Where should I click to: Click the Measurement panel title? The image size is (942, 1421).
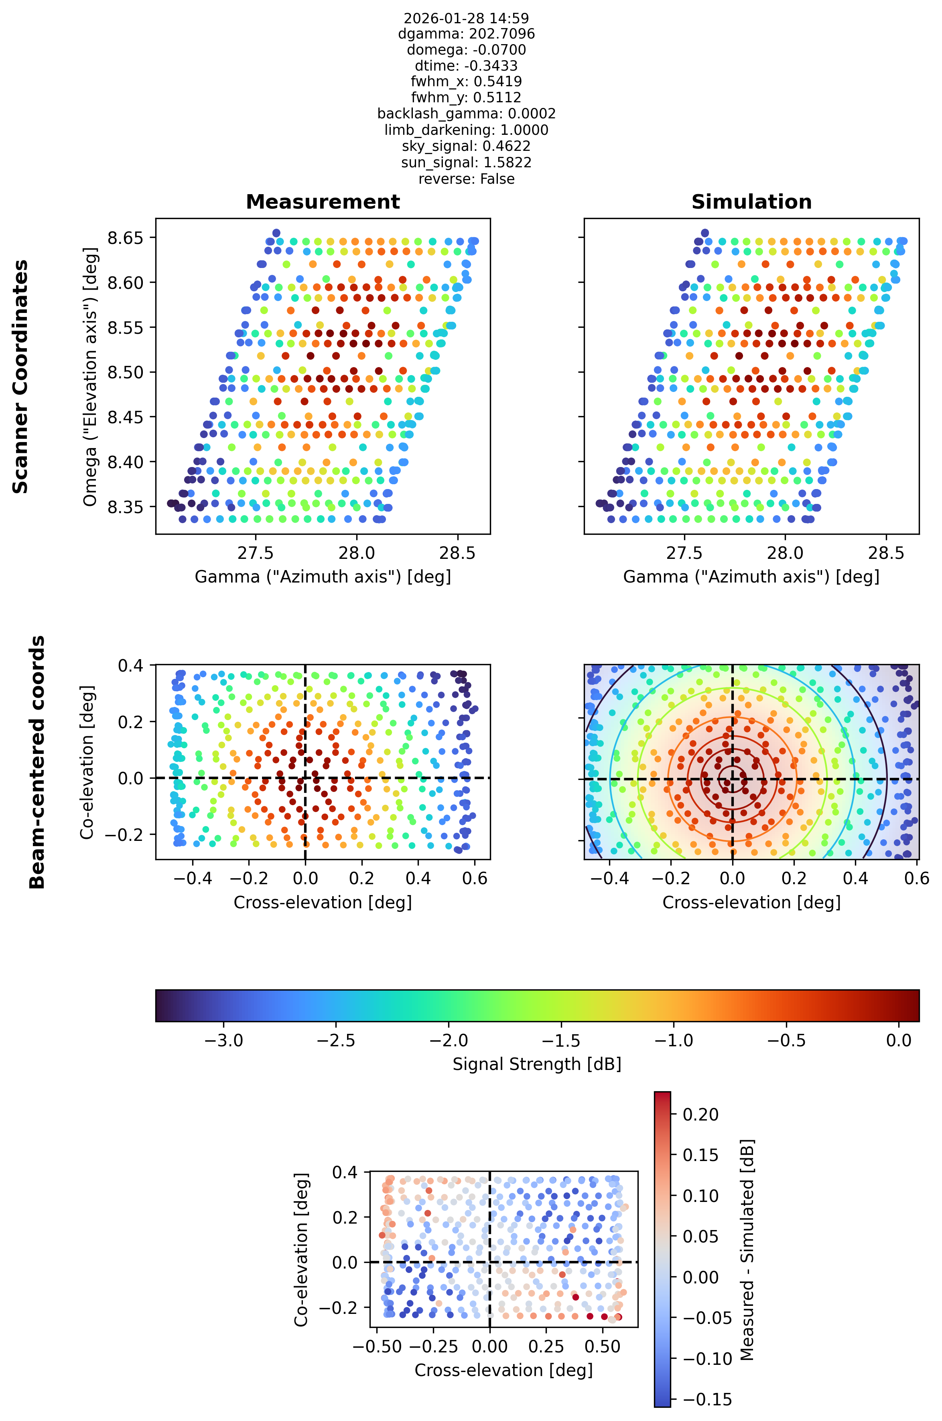323,202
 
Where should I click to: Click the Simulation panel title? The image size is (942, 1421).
751,202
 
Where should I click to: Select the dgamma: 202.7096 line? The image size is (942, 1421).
466,34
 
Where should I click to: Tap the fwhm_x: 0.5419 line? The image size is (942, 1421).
466,81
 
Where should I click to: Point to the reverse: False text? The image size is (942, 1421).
466,179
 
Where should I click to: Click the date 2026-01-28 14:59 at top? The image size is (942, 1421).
466,18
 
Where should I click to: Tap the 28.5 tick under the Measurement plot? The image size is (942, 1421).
458,553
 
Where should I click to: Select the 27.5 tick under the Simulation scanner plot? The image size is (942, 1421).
684,553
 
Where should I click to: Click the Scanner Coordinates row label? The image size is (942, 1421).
21,377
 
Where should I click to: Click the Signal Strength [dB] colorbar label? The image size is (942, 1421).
536,1064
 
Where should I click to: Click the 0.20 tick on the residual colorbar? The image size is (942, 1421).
700,1115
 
